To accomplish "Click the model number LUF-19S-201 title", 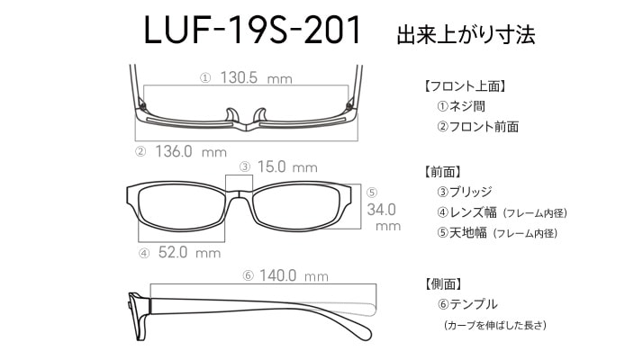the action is tap(252, 30).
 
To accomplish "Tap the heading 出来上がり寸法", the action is tap(466, 34).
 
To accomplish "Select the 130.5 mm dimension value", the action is tap(257, 77).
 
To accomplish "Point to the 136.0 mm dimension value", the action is tap(191, 152).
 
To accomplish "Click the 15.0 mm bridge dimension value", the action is tap(287, 166).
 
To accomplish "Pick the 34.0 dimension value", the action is tap(381, 210).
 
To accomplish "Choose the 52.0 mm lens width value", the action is tap(189, 252).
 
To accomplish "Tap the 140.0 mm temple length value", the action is tap(294, 275).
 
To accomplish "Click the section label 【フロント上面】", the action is tap(465, 86).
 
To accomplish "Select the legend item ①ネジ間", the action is tap(461, 106).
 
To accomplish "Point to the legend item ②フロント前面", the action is tap(478, 127).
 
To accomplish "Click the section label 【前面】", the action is tap(442, 172).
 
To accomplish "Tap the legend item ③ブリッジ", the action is tap(465, 192).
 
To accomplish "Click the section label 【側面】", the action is tap(443, 283).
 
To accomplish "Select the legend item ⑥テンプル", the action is tap(467, 304).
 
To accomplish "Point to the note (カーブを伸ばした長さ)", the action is tap(495, 325).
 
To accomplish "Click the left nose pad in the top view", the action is tap(231, 115).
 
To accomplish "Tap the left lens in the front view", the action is tap(182, 208).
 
